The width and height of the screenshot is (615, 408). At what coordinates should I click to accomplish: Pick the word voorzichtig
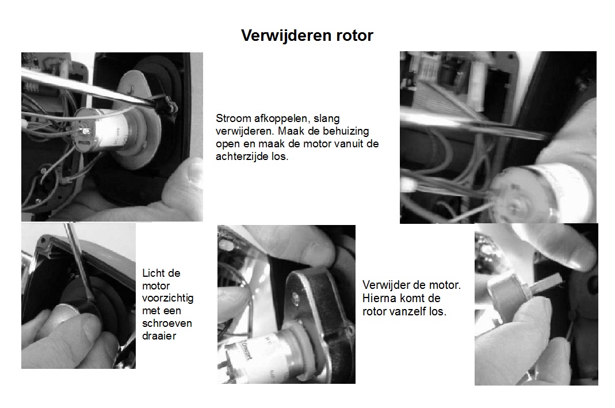coord(168,298)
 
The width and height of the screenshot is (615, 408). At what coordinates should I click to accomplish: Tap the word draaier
coord(159,335)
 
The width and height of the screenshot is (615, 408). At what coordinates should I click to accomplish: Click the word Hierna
coord(380,299)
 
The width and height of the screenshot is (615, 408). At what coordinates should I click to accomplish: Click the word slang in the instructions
coord(327,119)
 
